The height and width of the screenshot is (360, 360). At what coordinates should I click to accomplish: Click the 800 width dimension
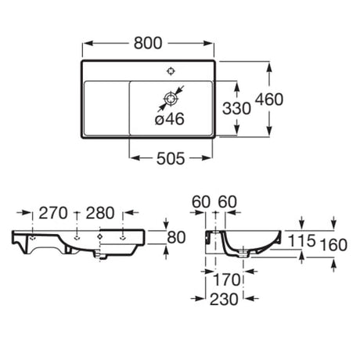pyautogui.click(x=148, y=43)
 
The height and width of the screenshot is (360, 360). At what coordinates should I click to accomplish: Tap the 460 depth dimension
pyautogui.click(x=269, y=99)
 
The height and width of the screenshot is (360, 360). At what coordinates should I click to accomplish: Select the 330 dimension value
pyautogui.click(x=236, y=108)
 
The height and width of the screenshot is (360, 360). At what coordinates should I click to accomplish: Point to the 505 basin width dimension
pyautogui.click(x=171, y=158)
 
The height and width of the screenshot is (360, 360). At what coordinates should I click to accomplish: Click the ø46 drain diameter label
pyautogui.click(x=170, y=119)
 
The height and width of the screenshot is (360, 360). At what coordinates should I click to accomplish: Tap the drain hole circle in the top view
pyautogui.click(x=171, y=99)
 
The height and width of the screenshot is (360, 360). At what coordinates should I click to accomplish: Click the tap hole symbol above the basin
pyautogui.click(x=171, y=71)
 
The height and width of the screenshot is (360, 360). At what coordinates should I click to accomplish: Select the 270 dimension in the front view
pyautogui.click(x=53, y=213)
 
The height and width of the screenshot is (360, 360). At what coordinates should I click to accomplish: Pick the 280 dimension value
pyautogui.click(x=100, y=213)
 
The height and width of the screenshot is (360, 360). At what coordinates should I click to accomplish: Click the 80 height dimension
pyautogui.click(x=176, y=237)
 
